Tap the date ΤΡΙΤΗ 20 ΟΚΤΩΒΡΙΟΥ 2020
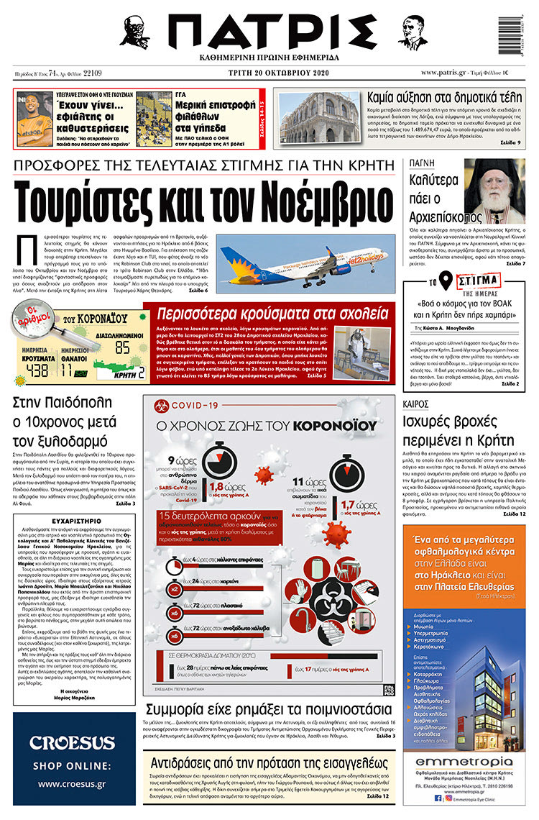pyautogui.click(x=269, y=73)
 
